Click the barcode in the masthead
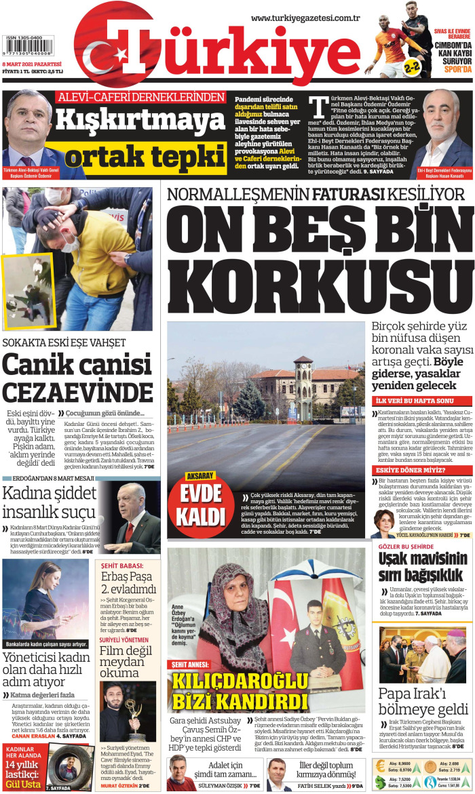pyautogui.click(x=28, y=47)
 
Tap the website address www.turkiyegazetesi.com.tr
pyautogui.click(x=305, y=18)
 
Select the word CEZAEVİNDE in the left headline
pyautogui.click(x=78, y=393)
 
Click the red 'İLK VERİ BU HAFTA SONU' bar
pyautogui.click(x=421, y=401)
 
